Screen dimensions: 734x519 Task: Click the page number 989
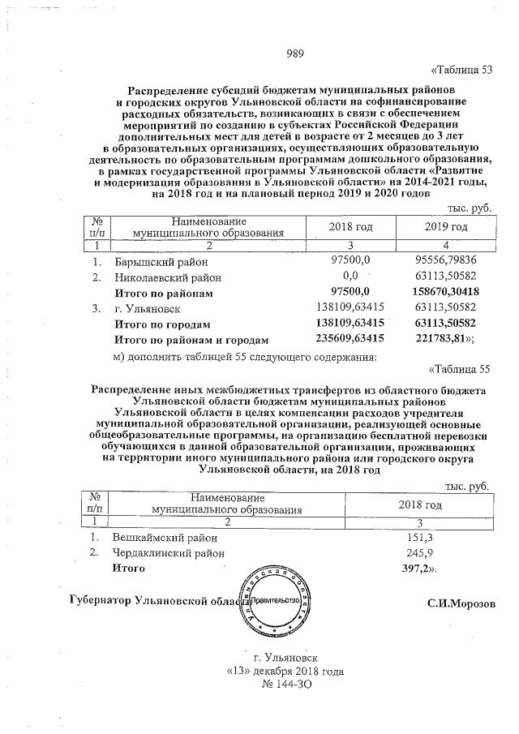(294, 54)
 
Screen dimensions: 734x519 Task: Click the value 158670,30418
(444, 291)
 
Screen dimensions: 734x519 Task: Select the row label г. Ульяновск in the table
(147, 309)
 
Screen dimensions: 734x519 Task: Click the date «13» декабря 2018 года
(285, 672)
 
